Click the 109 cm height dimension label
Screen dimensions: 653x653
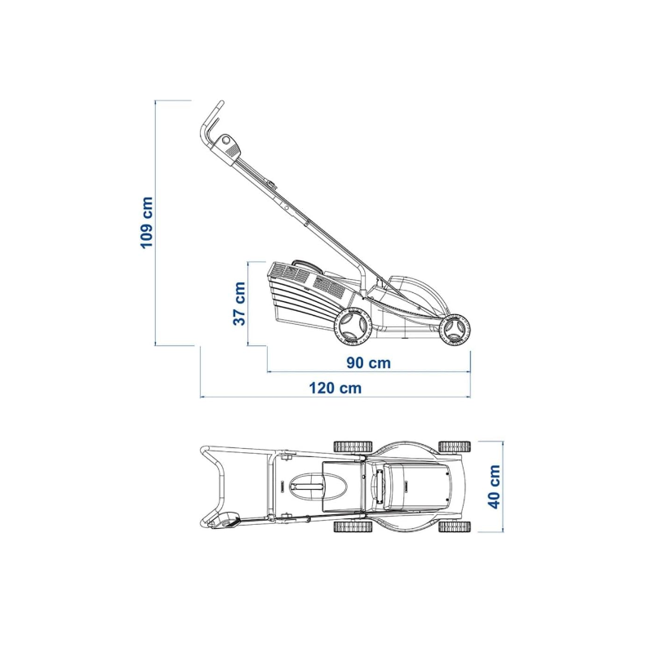tap(147, 223)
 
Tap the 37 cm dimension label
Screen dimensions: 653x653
tap(239, 304)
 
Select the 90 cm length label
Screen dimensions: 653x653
tap(369, 362)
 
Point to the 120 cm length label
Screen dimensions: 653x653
tap(335, 389)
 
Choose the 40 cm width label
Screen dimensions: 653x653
tap(494, 486)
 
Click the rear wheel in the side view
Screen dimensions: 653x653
tap(353, 326)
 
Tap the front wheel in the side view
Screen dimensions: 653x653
tap(455, 329)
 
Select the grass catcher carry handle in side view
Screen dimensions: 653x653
tap(304, 264)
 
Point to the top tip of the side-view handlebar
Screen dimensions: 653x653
tap(221, 102)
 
